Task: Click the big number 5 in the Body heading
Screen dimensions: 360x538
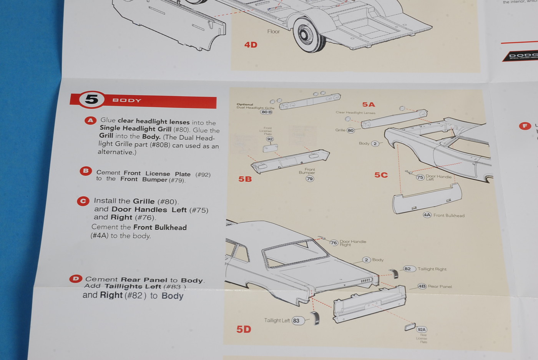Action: point(92,100)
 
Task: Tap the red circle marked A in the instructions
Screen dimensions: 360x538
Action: point(90,121)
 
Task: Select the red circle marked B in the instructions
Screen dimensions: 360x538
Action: point(86,171)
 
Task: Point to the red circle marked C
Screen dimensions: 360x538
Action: point(83,201)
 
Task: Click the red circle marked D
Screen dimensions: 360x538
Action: point(76,279)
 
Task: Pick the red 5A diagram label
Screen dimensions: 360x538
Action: point(368,105)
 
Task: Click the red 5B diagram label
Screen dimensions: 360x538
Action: point(245,179)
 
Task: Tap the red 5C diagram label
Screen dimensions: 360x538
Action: point(381,175)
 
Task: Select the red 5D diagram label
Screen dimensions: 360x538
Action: point(244,329)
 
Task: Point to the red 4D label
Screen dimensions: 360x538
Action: point(251,45)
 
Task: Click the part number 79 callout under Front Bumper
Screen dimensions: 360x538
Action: point(310,179)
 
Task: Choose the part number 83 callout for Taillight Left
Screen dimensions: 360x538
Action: point(297,321)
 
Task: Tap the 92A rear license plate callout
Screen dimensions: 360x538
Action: point(422,330)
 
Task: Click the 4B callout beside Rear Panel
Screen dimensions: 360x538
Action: point(422,286)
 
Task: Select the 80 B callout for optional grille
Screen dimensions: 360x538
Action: point(266,112)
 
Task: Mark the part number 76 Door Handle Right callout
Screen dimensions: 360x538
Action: point(334,243)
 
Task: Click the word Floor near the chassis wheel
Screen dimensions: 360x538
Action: point(273,32)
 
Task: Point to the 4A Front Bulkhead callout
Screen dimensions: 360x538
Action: point(427,215)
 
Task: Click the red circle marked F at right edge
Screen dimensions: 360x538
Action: point(525,126)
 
